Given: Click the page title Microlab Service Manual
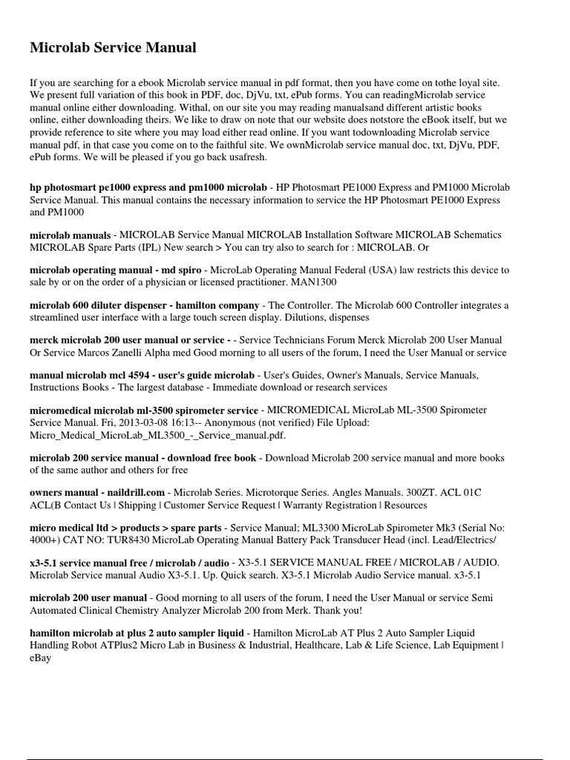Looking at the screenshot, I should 113,48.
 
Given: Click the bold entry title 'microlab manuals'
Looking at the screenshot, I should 71,235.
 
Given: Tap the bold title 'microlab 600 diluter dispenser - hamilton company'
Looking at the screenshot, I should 144,305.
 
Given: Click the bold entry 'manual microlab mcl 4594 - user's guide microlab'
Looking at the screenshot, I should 142,376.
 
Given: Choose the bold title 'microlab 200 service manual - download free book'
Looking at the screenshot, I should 142,458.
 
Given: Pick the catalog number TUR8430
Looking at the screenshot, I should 114,540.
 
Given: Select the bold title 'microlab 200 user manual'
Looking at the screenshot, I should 88,597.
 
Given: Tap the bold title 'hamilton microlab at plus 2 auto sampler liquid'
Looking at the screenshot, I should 137,633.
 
